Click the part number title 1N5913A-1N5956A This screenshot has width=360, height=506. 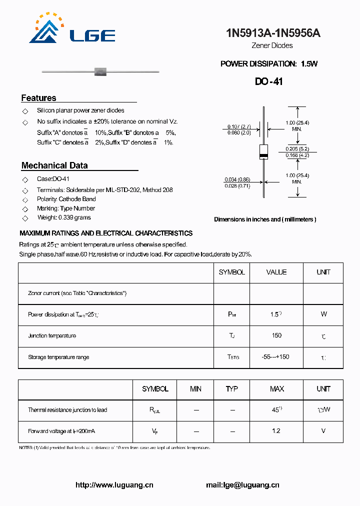(273, 33)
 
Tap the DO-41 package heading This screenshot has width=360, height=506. (268, 81)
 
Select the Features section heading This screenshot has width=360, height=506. (38, 98)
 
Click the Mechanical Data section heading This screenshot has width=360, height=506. (54, 165)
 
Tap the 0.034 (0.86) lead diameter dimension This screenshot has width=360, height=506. (237, 179)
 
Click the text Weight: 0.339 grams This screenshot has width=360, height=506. (64, 217)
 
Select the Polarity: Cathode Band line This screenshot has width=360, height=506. (66, 199)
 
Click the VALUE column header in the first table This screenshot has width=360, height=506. (276, 272)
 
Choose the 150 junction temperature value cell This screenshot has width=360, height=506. (276, 335)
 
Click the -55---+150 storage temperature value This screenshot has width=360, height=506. (276, 357)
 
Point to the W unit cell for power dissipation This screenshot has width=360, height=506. (323, 314)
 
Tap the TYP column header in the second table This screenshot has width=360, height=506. (231, 389)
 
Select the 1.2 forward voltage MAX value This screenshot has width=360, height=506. (276, 431)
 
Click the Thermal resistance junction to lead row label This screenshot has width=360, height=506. (67, 410)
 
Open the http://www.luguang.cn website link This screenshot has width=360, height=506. (114, 485)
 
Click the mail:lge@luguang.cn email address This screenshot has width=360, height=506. (242, 485)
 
